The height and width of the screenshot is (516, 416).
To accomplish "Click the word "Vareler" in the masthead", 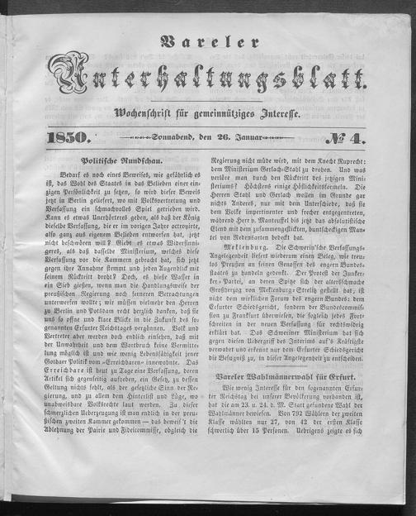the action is click(206, 37).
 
